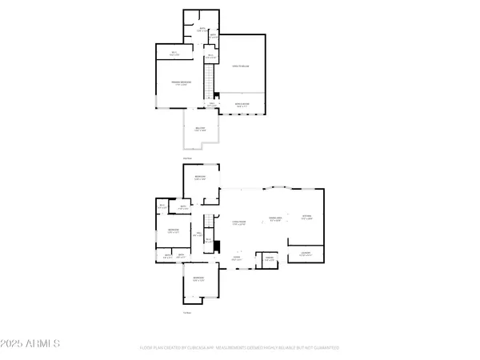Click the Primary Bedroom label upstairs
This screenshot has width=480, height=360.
[x=181, y=82]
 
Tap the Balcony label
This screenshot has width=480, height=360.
[x=199, y=129]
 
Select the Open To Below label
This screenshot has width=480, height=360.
[x=241, y=66]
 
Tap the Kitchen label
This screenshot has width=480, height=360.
[x=306, y=217]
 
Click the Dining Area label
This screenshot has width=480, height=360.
[x=277, y=218]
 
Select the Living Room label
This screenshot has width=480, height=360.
[x=238, y=224]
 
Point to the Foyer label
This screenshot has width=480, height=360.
[x=237, y=258]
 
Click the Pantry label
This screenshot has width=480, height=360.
[x=270, y=258]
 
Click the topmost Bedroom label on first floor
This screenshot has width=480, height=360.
[x=199, y=178]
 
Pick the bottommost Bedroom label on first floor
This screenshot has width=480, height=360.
[x=198, y=279]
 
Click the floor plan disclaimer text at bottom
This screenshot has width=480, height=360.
[x=239, y=348]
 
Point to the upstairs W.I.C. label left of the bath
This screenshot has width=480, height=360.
[x=174, y=54]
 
